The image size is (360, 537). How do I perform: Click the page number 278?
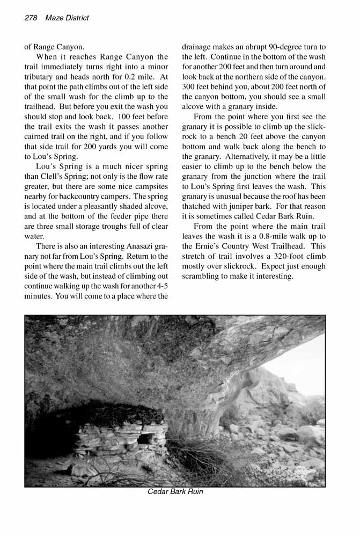(x=31, y=18)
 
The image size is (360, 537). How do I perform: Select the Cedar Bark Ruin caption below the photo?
(x=175, y=491)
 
